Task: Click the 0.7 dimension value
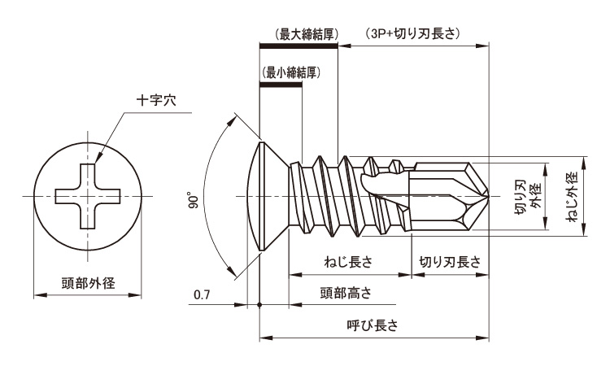pos(203,294)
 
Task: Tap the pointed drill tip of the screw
pos(486,196)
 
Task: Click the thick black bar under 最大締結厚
pos(298,47)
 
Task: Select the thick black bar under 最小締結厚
pos(280,82)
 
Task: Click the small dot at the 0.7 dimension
pos(259,306)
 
